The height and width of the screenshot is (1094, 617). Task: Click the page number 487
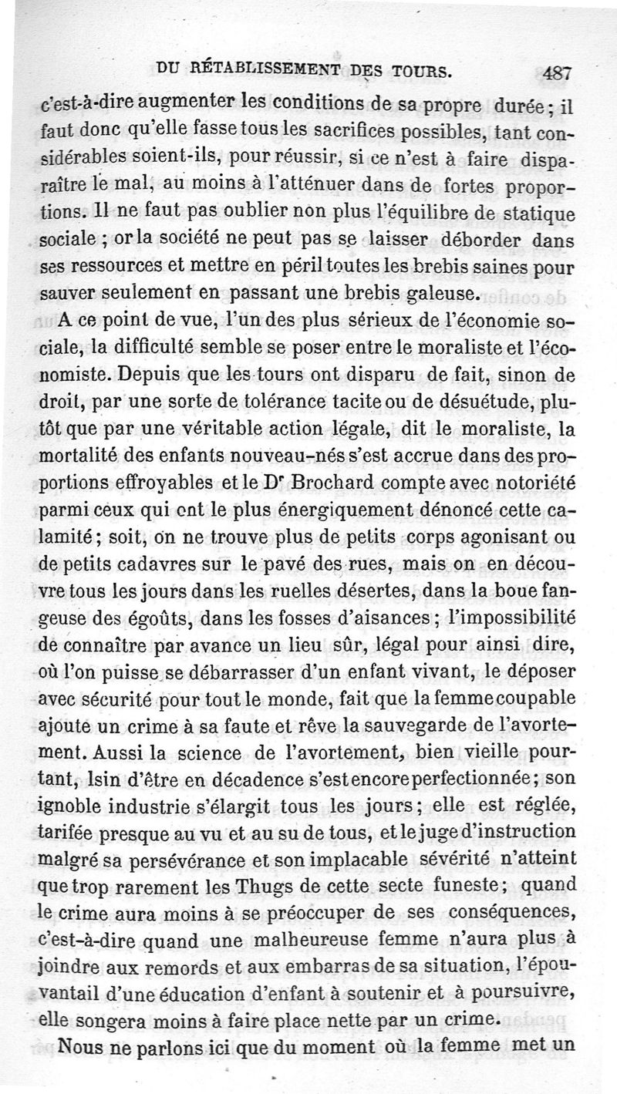(556, 73)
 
